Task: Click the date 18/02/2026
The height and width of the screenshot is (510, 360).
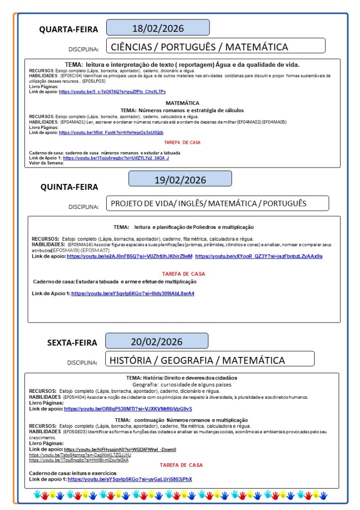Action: pyautogui.click(x=158, y=27)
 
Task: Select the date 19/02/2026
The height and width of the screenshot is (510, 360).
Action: pyautogui.click(x=180, y=179)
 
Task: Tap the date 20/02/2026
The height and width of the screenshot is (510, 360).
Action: pyautogui.click(x=157, y=341)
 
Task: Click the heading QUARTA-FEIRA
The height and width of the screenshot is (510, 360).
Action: pyautogui.click(x=69, y=29)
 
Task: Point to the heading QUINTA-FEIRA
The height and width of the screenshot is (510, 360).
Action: pyautogui.click(x=69, y=187)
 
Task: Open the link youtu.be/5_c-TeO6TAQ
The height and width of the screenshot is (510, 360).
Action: pyautogui.click(x=112, y=92)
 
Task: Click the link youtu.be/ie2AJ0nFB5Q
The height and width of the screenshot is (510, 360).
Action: pyautogui.click(x=130, y=256)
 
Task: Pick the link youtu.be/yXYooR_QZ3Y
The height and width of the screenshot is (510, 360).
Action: pyautogui.click(x=259, y=256)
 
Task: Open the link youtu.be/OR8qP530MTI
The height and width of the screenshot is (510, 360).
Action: pyautogui.click(x=128, y=409)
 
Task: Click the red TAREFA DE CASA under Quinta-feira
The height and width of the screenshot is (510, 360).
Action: pyautogui.click(x=183, y=274)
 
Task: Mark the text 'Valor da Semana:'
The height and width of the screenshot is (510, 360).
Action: pyautogui.click(x=46, y=163)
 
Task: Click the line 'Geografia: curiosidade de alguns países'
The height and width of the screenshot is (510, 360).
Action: pyautogui.click(x=181, y=384)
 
